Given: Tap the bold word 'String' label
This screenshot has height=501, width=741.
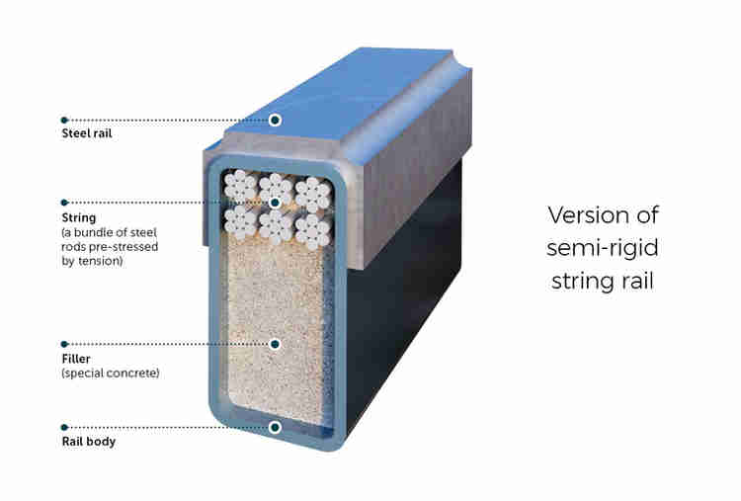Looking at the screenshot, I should point(79,217).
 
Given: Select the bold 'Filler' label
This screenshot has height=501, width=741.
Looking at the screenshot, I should point(77,360).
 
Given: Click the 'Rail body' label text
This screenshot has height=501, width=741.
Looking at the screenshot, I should point(88,442).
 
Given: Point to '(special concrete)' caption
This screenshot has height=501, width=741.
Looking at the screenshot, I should point(110,374).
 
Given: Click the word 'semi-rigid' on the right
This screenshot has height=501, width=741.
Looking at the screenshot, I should point(603,249).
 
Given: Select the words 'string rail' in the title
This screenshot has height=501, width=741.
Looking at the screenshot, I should point(603,282).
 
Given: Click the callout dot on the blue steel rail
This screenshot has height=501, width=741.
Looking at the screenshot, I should point(276,120).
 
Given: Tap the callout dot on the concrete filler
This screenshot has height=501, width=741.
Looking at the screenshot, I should point(276,345).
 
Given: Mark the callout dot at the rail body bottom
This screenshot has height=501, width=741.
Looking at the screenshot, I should point(276,428).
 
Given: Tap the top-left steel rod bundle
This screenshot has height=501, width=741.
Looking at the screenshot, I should point(240,188).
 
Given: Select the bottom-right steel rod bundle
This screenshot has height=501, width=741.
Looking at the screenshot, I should point(311,229).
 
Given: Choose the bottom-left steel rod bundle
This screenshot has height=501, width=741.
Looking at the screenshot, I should point(241,221).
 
